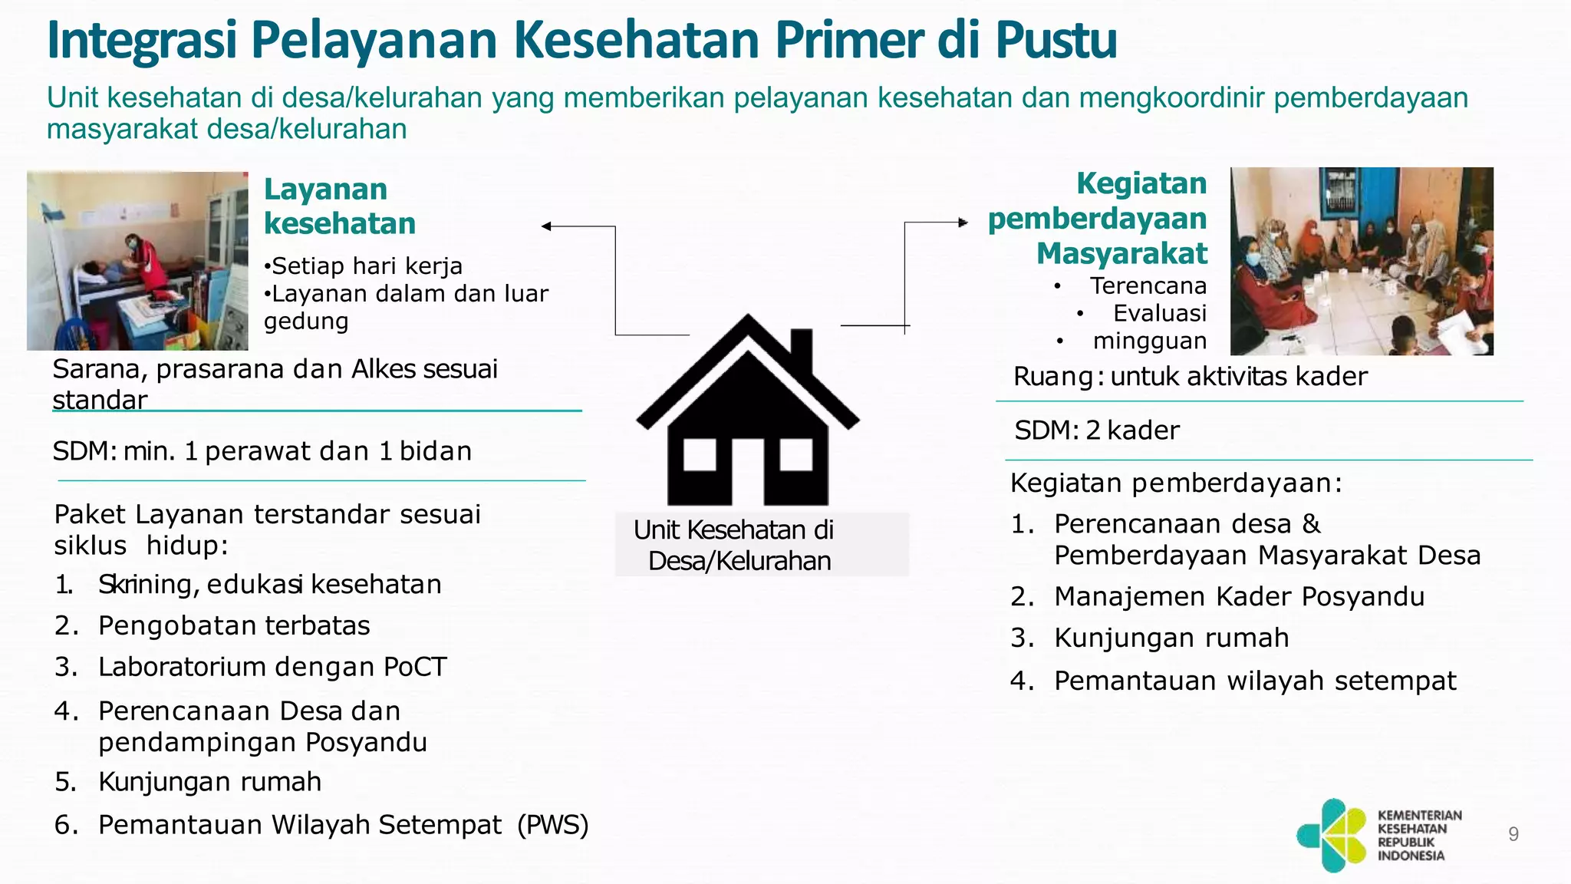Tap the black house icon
pos(748,430)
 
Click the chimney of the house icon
pos(801,349)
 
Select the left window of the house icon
pos(699,455)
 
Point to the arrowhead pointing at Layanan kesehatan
pos(546,226)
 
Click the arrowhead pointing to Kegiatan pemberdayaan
pos(963,223)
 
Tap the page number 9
pos(1513,834)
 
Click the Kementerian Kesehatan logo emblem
pos(1332,835)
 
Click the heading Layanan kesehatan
pos(339,206)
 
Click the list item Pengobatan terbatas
pos(234,626)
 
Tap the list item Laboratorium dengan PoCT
pos(272,667)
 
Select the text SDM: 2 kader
pos(1096,430)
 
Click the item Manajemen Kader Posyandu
pos(1239,597)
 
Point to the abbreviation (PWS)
pos(553,825)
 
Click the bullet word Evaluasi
pos(1159,313)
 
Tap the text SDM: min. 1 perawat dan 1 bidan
pos(262,451)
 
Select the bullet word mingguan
pos(1149,341)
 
